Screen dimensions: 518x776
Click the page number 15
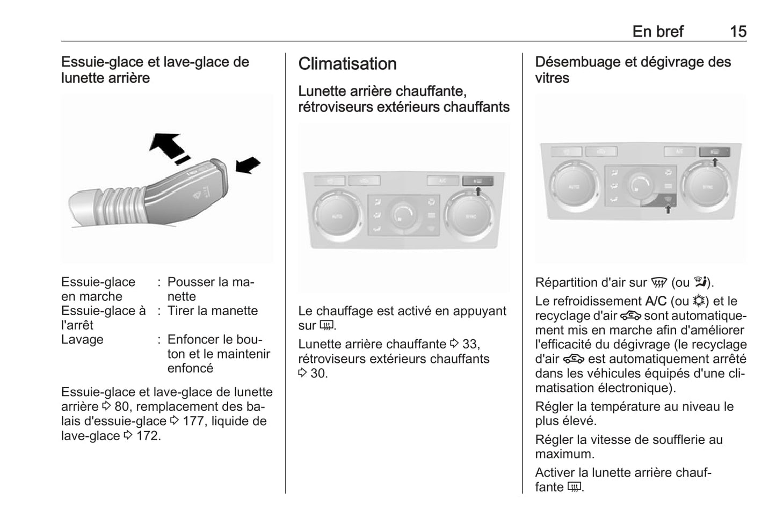[x=738, y=32]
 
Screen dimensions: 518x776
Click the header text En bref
[x=657, y=32]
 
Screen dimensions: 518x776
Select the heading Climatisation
[x=347, y=64]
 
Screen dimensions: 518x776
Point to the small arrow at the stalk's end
[x=248, y=165]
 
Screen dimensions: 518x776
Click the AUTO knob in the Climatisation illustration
[x=337, y=216]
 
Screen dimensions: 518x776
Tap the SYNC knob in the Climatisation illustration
[x=470, y=216]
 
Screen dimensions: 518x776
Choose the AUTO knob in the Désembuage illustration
[x=573, y=186]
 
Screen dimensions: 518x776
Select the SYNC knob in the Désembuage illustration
[x=707, y=186]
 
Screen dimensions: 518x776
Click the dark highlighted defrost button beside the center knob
[x=666, y=201]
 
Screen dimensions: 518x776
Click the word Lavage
[x=82, y=340]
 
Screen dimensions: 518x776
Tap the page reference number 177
[x=193, y=421]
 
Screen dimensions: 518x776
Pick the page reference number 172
[x=147, y=436]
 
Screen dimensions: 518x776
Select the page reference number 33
[x=470, y=344]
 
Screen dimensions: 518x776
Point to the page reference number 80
[x=121, y=407]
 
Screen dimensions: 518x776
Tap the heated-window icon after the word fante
[x=574, y=487]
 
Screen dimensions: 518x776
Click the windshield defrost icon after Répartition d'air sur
[x=658, y=283]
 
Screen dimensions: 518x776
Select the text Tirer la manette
[x=212, y=311]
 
